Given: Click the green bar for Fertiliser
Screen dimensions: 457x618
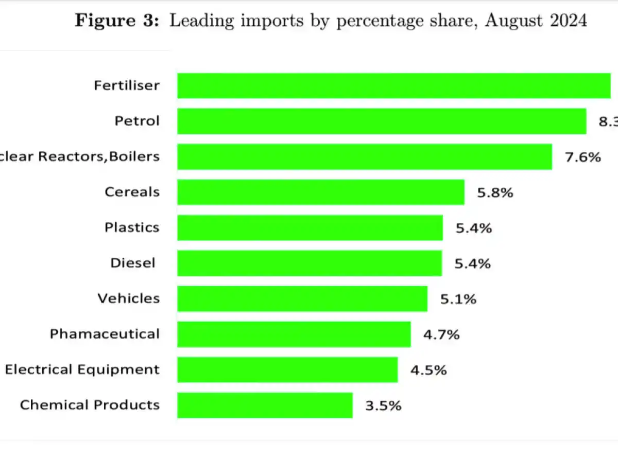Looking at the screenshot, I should point(394,85).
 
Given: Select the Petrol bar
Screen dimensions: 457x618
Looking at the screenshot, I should point(382,121).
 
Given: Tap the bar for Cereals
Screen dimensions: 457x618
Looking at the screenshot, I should point(321,192).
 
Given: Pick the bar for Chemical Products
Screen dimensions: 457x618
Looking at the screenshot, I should point(265,405).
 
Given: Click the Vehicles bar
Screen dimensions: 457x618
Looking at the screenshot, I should point(302,298).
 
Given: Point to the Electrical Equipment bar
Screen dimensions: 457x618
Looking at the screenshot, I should point(287,370).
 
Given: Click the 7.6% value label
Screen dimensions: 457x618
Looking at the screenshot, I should point(583,157).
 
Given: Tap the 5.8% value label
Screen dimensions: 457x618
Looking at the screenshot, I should point(495,193).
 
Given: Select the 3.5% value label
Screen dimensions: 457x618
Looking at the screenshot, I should point(383,406).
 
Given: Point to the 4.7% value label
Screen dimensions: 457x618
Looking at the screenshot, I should point(441,335).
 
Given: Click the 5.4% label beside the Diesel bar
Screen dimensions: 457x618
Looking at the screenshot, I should point(472,264).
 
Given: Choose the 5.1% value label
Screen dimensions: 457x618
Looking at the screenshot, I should point(458,299).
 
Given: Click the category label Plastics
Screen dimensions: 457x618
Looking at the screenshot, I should point(132,227).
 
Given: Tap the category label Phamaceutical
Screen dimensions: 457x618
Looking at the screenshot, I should point(105,334).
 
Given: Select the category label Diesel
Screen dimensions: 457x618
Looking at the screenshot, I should point(132,263).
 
